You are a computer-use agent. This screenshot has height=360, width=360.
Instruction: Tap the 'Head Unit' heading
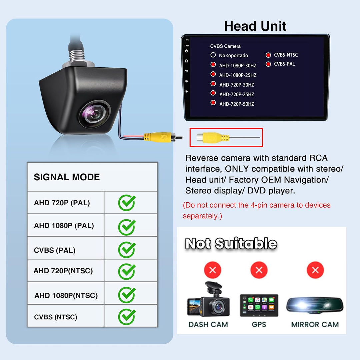(x=255, y=26)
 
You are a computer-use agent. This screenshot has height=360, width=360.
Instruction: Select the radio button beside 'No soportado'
(x=213, y=55)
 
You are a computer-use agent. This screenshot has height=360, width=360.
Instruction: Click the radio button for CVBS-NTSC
(x=268, y=55)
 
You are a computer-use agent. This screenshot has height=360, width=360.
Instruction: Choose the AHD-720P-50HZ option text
(x=237, y=104)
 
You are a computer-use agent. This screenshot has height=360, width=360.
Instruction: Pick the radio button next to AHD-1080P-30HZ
(x=213, y=65)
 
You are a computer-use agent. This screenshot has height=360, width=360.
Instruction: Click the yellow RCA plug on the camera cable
(x=157, y=137)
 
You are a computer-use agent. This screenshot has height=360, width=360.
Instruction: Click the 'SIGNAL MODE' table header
(x=67, y=177)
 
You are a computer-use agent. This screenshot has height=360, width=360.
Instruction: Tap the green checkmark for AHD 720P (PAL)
(x=127, y=203)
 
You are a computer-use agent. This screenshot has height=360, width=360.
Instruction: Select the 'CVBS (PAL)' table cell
(x=55, y=250)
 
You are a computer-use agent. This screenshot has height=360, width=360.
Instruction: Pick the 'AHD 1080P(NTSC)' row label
(x=66, y=295)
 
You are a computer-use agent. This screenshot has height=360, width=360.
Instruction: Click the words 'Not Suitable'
(x=231, y=243)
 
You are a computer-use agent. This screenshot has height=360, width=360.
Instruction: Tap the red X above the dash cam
(x=213, y=270)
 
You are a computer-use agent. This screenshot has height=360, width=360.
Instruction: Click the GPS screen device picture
(x=259, y=305)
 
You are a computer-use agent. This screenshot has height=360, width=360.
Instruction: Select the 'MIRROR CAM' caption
(x=315, y=324)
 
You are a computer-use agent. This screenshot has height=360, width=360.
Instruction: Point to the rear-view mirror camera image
(x=315, y=306)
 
